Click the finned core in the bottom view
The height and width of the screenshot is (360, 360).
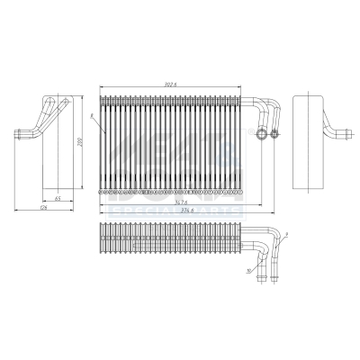(171, 240)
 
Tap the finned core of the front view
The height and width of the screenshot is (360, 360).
(171, 144)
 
